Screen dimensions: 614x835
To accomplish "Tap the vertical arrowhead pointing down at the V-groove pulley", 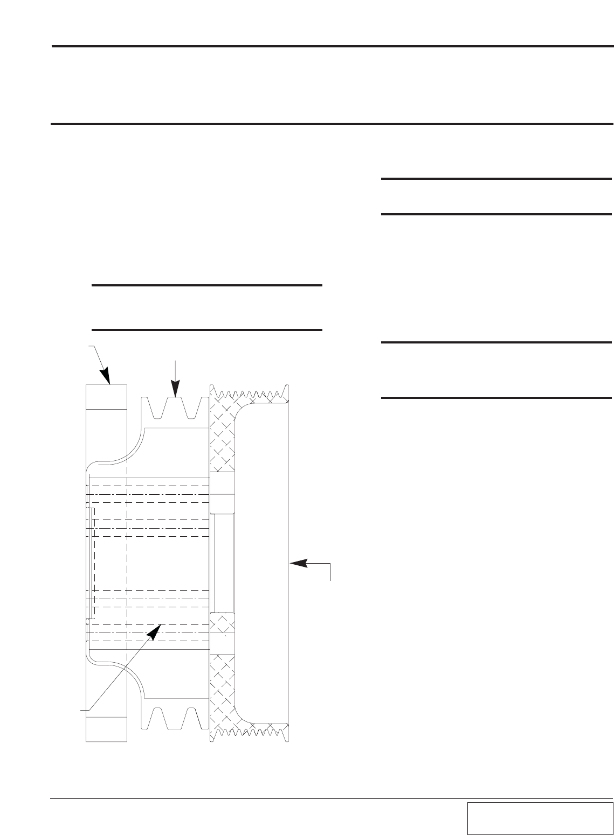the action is point(175,389).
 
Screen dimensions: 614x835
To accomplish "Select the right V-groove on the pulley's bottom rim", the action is point(191,716).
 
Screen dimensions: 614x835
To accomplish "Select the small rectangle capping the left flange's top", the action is point(107,397).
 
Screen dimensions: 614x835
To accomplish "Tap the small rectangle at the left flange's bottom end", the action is point(107,729).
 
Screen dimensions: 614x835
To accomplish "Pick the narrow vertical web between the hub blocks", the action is point(222,563).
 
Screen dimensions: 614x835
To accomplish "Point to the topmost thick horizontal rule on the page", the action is point(333,47).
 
